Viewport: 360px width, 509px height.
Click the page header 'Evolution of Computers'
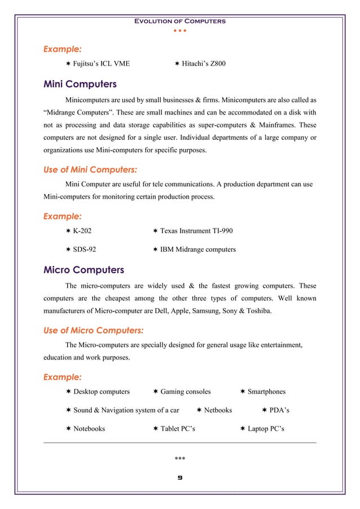coord(179,21)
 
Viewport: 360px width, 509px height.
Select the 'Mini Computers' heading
coord(80,85)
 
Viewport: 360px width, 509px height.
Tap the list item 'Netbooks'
coord(217,410)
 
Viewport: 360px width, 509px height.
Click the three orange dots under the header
coord(179,30)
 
